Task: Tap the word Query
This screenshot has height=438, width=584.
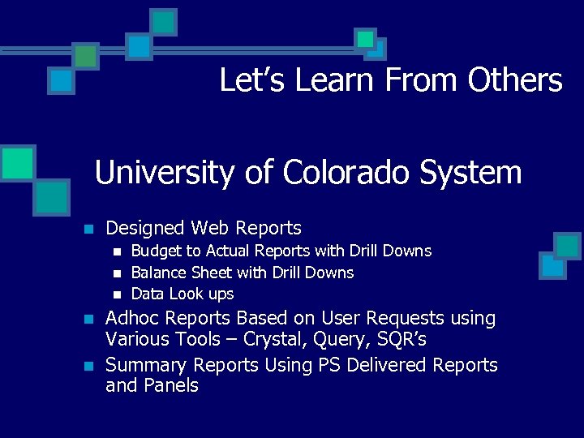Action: pyautogui.click(x=354, y=339)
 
